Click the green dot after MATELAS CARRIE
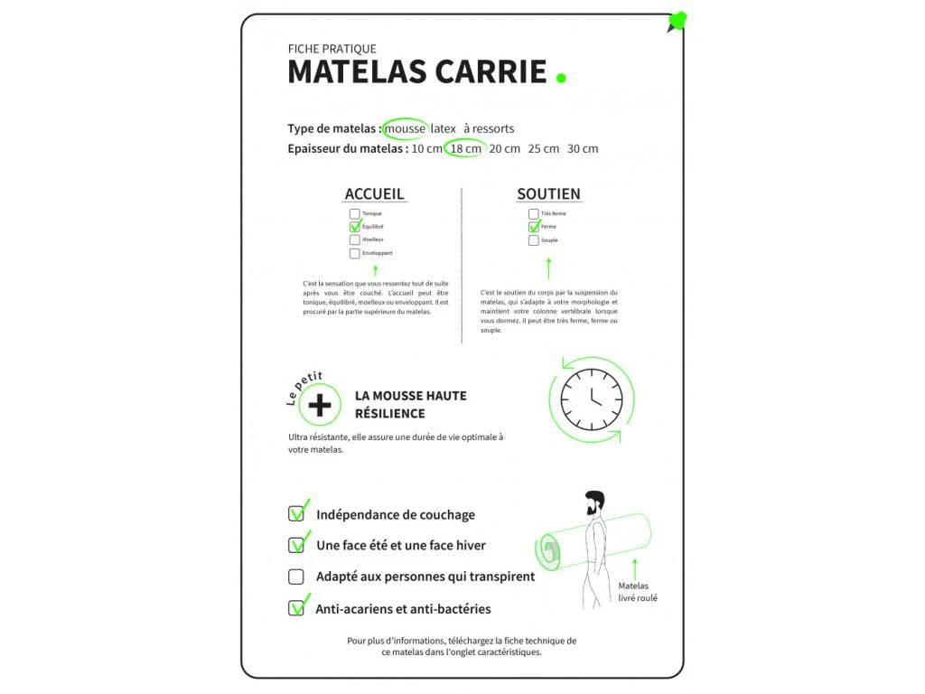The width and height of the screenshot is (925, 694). pyautogui.click(x=561, y=78)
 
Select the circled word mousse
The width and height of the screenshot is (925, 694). pyautogui.click(x=405, y=128)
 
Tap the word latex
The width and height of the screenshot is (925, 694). pyautogui.click(x=444, y=128)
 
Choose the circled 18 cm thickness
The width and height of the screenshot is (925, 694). pyautogui.click(x=465, y=148)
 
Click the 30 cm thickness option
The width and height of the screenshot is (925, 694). pyautogui.click(x=583, y=148)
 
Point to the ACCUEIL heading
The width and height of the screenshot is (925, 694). pyautogui.click(x=374, y=194)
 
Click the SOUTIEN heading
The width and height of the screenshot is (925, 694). pyautogui.click(x=548, y=194)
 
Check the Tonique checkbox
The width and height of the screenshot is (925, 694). pyautogui.click(x=354, y=214)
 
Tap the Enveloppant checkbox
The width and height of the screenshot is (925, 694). pyautogui.click(x=354, y=253)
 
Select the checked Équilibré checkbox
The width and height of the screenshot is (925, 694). pyautogui.click(x=354, y=227)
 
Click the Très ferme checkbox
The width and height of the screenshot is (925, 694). pyautogui.click(x=534, y=214)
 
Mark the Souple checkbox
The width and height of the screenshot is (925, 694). pyautogui.click(x=534, y=240)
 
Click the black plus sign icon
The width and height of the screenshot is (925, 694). pyautogui.click(x=320, y=406)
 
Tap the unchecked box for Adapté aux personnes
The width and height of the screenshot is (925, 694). pyautogui.click(x=295, y=577)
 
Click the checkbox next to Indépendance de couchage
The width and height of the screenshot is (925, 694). pyautogui.click(x=295, y=514)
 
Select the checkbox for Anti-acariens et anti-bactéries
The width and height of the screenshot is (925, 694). pyautogui.click(x=295, y=608)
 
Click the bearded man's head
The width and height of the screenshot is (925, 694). pyautogui.click(x=593, y=502)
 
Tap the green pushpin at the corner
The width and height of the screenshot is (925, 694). pyautogui.click(x=677, y=21)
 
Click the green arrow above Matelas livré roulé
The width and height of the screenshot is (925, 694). pyautogui.click(x=634, y=569)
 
